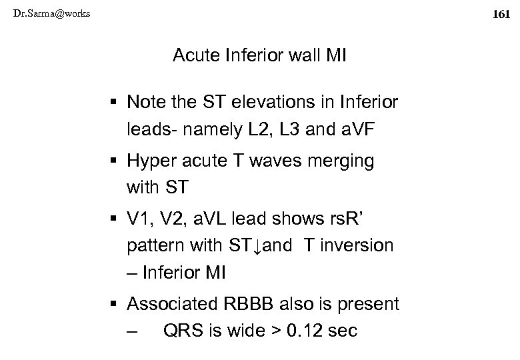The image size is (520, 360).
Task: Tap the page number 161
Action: pyautogui.click(x=500, y=13)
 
